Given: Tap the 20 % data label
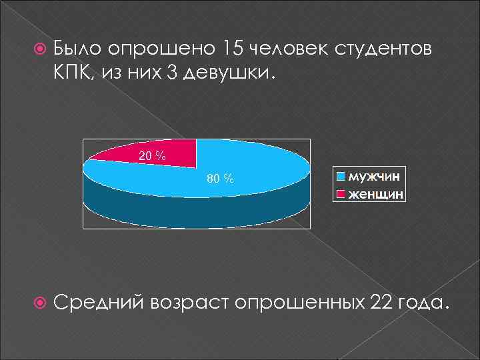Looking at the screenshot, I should point(152,156).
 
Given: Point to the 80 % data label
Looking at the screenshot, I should point(220,179).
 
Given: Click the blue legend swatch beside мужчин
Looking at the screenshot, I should point(341,177).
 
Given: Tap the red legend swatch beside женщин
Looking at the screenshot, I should point(341,194).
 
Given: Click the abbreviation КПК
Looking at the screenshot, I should point(75,73).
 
